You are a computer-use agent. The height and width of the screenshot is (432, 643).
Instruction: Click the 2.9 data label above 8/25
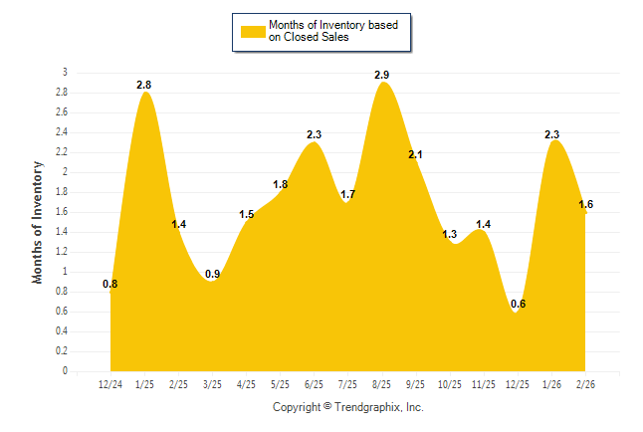click(381, 75)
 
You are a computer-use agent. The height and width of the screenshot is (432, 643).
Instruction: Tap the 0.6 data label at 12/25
click(518, 304)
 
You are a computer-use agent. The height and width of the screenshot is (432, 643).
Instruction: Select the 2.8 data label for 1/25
click(145, 86)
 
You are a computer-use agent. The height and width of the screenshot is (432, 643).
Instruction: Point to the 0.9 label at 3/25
click(213, 274)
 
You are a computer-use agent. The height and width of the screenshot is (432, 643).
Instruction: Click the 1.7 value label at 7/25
click(347, 194)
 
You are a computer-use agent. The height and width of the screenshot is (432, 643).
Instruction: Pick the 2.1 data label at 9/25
click(415, 154)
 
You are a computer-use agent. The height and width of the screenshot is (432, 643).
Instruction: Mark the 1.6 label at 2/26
click(586, 204)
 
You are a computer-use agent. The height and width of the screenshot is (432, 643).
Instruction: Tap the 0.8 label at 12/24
click(110, 284)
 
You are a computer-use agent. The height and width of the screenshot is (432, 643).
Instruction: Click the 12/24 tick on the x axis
click(110, 383)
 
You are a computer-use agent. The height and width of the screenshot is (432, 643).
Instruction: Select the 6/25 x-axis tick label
click(314, 383)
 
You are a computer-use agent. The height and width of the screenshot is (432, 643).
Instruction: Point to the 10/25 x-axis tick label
click(449, 383)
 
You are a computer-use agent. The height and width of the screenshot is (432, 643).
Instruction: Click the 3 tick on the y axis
click(66, 73)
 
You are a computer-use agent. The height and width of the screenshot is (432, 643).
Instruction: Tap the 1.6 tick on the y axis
click(62, 212)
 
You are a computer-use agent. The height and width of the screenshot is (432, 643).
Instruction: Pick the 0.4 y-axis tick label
click(62, 331)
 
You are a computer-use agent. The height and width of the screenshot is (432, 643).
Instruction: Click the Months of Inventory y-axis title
click(39, 222)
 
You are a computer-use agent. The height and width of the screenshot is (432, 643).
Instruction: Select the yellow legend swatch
click(253, 31)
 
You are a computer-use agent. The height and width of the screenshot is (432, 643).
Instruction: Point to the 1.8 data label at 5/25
click(280, 184)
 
